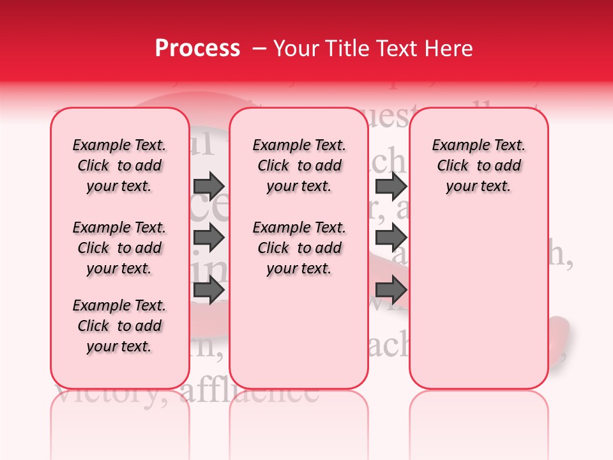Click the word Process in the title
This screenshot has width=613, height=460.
pyautogui.click(x=197, y=49)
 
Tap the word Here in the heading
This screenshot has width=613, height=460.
pyautogui.click(x=450, y=49)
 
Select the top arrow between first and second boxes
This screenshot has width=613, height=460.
pyautogui.click(x=208, y=186)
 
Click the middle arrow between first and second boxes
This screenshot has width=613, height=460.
pyautogui.click(x=208, y=238)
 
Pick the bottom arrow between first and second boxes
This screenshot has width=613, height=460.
pyautogui.click(x=208, y=291)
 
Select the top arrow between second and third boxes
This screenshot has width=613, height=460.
pyautogui.click(x=391, y=186)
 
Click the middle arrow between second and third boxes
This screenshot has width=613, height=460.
pyautogui.click(x=391, y=238)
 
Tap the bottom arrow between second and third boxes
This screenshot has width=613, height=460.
pyautogui.click(x=391, y=291)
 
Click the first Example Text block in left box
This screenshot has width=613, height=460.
pyautogui.click(x=119, y=165)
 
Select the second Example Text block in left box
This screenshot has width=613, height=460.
pyautogui.click(x=119, y=248)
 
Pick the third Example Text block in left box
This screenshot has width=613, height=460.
pyautogui.click(x=119, y=326)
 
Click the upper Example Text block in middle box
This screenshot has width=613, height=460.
pyautogui.click(x=299, y=165)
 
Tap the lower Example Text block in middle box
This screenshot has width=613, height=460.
pyautogui.click(x=299, y=248)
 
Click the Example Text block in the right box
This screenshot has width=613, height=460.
pyautogui.click(x=478, y=165)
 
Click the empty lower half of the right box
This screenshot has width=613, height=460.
pyautogui.click(x=478, y=307)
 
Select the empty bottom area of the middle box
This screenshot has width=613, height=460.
pyautogui.click(x=299, y=339)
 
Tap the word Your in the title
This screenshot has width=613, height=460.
pyautogui.click(x=296, y=49)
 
